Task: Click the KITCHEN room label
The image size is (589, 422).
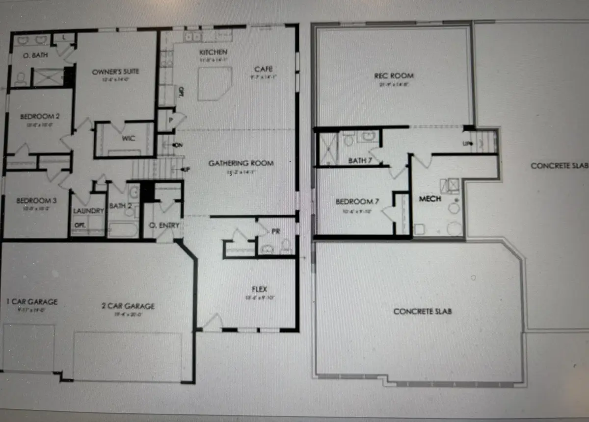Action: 214,52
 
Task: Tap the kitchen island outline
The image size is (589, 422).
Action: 214,84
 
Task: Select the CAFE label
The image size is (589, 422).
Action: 263,69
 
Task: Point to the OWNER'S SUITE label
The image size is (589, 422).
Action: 116,72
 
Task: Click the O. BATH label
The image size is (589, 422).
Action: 36,55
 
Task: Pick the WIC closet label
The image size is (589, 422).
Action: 128,138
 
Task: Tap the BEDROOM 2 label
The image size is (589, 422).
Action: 40,117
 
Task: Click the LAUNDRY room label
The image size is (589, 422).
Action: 88,211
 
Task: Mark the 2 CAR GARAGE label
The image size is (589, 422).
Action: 128,306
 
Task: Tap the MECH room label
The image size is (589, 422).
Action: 430,199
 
